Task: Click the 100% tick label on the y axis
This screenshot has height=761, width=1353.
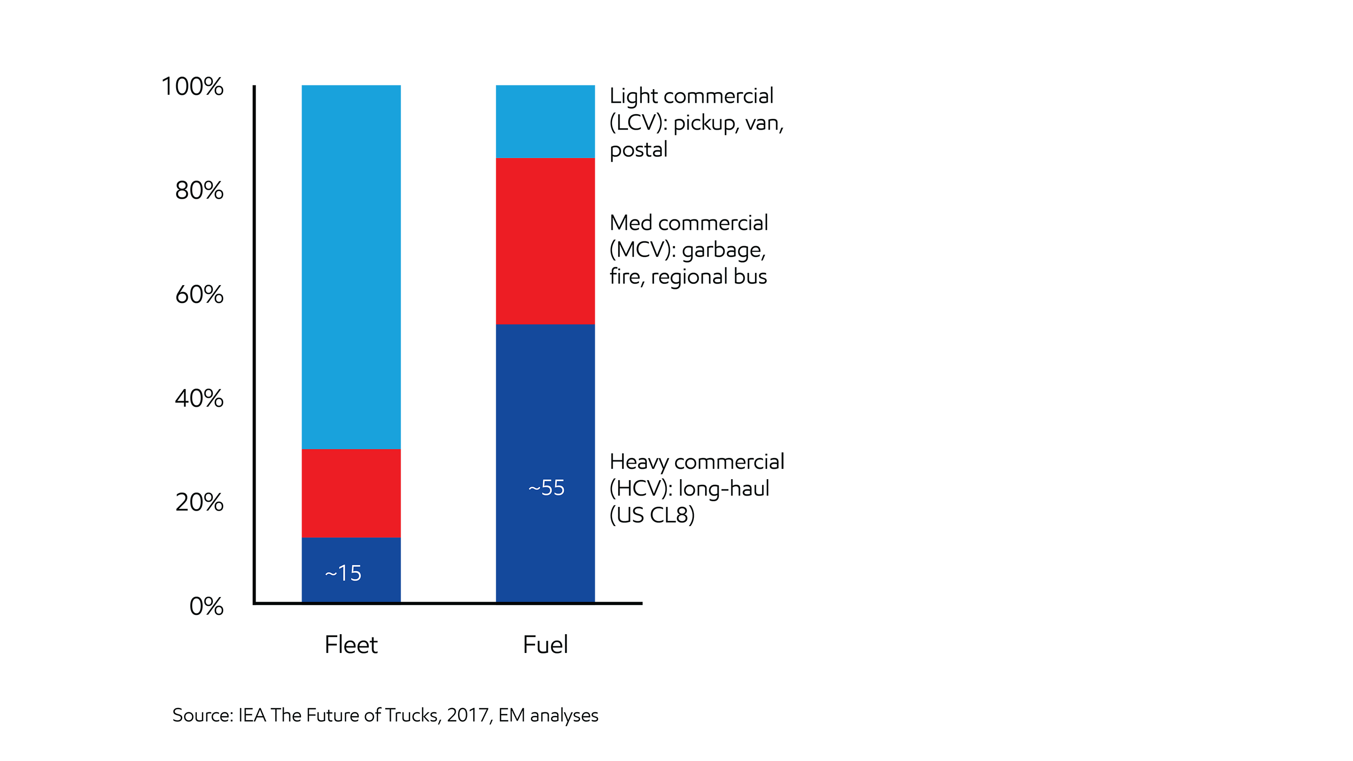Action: coord(192,86)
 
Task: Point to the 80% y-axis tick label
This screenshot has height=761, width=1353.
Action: coord(199,191)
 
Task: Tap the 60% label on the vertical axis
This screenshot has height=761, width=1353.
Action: coord(199,295)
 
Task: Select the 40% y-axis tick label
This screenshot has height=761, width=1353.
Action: coord(199,399)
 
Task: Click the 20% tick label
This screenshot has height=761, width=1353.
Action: coord(199,503)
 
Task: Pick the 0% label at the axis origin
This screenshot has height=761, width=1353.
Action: coord(206,606)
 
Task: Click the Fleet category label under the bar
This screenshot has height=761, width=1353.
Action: coord(351,645)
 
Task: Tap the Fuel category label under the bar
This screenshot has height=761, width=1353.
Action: coord(545,645)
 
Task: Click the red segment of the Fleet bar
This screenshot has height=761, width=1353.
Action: coord(351,493)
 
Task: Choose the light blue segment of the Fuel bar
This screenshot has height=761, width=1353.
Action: coord(545,121)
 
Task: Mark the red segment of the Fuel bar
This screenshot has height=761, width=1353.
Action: coord(545,241)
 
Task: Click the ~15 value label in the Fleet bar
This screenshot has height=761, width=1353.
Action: coord(343,574)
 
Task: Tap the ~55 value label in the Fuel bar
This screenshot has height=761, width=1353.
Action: coord(546,488)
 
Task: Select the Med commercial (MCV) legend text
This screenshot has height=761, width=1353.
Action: coord(689,250)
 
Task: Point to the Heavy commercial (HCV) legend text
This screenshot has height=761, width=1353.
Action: coord(696,489)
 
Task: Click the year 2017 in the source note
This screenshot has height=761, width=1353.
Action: coord(467,715)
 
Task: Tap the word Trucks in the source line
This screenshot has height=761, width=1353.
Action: coord(412,715)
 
